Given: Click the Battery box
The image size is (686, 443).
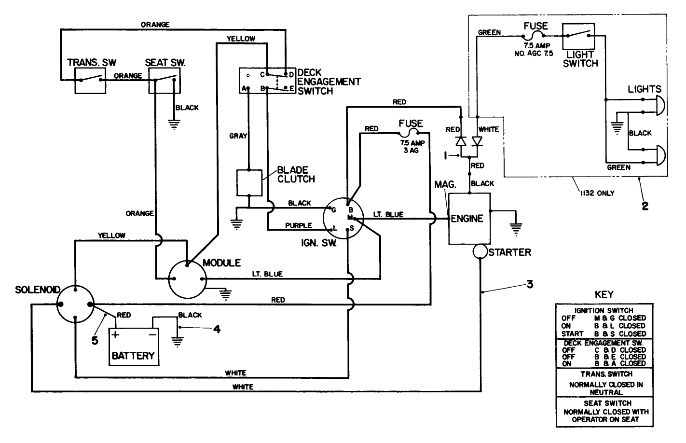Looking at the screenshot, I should [134, 346].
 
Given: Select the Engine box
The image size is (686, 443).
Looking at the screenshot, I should [469, 219].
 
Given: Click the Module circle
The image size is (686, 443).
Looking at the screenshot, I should [187, 279].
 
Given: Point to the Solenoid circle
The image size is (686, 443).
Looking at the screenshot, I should [75, 304].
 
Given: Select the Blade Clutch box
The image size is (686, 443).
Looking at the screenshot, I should [249, 182].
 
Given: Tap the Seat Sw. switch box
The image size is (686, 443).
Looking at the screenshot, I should [164, 80].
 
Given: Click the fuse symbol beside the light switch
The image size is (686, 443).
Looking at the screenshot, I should [535, 36].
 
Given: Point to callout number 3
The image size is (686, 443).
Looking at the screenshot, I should [529, 284].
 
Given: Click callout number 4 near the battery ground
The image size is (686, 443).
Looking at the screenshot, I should [217, 329].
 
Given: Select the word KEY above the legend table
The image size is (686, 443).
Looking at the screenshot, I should [604, 295].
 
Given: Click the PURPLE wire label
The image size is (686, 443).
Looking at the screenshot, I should [298, 225].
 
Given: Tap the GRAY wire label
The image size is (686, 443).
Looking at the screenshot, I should [238, 136].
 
